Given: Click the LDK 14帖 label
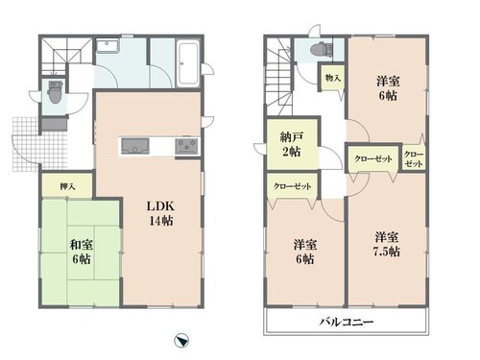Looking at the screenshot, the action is [x=160, y=213].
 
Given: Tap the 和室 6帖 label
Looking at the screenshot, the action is [x=82, y=252].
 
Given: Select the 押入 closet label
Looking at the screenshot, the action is [x=67, y=186].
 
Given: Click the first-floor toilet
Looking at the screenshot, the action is [x=55, y=92].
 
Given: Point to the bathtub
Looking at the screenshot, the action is [x=188, y=63].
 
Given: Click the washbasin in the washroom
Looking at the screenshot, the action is [x=108, y=46].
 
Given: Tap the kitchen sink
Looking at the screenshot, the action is [x=135, y=146].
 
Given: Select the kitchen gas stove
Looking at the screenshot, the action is [x=186, y=147].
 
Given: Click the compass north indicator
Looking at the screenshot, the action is [x=181, y=341].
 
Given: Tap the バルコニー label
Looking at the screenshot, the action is [x=347, y=322].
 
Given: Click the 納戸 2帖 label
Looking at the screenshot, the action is [x=291, y=144].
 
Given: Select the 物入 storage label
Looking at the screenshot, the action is [x=333, y=78].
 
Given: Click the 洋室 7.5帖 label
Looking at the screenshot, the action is [x=387, y=245].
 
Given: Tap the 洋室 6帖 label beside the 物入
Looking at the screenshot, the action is [x=388, y=88].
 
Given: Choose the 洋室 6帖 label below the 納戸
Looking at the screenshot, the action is [x=305, y=252].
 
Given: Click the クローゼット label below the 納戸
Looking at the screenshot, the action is [x=292, y=186].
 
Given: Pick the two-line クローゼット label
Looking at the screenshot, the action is [x=414, y=159].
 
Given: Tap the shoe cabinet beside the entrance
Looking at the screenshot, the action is [x=55, y=125].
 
